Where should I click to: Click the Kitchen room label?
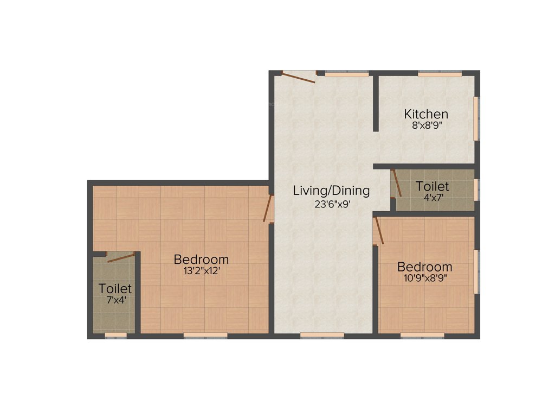(426, 114)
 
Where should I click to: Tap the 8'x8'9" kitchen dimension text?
(426, 124)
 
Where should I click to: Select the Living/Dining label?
(331, 191)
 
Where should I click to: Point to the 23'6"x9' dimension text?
(331, 204)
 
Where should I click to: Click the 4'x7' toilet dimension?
(434, 198)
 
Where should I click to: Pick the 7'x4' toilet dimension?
(115, 299)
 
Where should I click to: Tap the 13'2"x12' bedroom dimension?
(201, 271)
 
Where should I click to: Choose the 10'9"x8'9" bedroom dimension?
(424, 278)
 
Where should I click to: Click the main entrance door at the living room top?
(298, 78)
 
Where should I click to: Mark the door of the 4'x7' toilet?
(397, 183)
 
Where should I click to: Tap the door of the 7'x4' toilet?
(121, 257)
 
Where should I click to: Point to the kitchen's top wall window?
(440, 73)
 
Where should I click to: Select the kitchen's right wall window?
(477, 118)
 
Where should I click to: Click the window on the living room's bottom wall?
(322, 336)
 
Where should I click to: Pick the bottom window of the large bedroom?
(205, 336)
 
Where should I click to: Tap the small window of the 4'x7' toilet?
(476, 189)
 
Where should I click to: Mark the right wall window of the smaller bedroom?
(477, 271)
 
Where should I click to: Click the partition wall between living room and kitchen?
(375, 103)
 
